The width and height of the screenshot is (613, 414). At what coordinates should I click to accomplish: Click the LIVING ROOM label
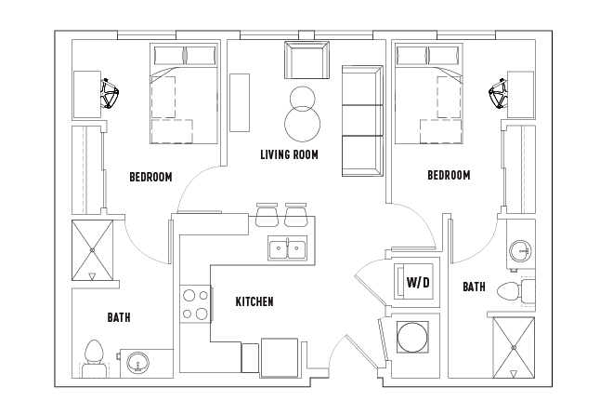[289, 154]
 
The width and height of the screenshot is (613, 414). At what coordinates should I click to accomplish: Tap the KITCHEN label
[254, 301]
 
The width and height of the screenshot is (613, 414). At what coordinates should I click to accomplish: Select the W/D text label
[418, 282]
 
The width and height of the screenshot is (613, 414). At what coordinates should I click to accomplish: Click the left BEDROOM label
[150, 177]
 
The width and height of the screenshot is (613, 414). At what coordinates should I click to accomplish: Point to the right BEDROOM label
[449, 175]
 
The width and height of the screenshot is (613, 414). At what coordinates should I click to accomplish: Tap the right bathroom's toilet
[516, 290]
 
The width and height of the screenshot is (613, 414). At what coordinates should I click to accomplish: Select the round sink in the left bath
[137, 363]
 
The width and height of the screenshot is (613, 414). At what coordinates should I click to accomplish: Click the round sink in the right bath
[520, 250]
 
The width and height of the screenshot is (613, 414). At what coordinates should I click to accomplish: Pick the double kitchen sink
[287, 247]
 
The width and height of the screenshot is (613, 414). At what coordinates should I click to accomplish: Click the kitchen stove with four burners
[196, 304]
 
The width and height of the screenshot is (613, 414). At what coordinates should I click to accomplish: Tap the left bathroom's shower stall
[92, 250]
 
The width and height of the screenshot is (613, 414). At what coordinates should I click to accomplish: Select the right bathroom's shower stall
[514, 347]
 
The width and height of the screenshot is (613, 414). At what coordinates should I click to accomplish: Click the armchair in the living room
[306, 60]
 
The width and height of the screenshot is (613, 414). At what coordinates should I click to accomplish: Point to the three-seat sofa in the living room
[362, 121]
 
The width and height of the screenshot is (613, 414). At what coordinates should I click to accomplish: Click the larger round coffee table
[302, 124]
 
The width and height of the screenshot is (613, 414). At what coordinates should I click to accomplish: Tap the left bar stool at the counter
[267, 215]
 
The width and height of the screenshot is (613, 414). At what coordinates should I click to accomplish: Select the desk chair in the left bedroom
[110, 94]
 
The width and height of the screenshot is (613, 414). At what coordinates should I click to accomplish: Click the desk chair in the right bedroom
[498, 93]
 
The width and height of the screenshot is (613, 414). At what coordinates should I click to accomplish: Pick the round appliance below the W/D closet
[412, 337]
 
